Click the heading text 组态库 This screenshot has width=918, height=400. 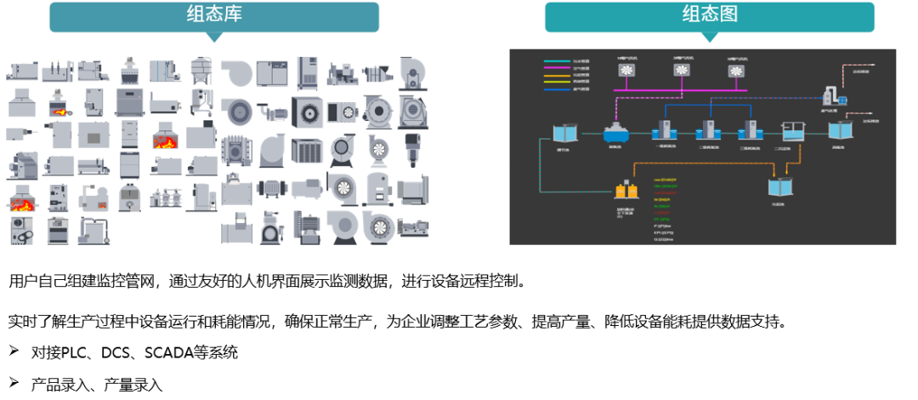coord(213,14)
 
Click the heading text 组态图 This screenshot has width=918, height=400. coord(710,14)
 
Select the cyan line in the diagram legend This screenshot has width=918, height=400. coord(557,61)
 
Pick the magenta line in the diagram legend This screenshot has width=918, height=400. coord(557,68)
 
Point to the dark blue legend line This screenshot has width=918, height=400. coord(557,89)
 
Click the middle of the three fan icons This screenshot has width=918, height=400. coord(682,71)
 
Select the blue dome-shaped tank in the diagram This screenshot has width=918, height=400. coord(615,133)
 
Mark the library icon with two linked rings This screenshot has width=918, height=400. coord(20,229)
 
